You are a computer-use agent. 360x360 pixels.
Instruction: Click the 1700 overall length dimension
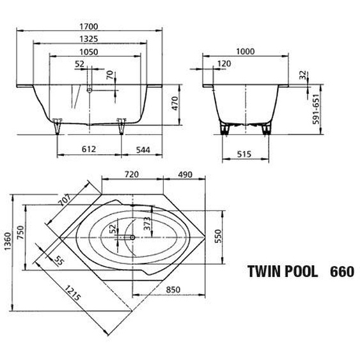pyautogui.click(x=88, y=26)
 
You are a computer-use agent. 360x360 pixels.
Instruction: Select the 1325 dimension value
pyautogui.click(x=90, y=39)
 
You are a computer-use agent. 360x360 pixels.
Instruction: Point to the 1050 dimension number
pyautogui.click(x=89, y=52)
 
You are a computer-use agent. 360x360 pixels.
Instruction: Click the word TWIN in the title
pyautogui.click(x=262, y=270)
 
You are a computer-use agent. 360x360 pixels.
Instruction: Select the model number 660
pyautogui.click(x=341, y=270)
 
